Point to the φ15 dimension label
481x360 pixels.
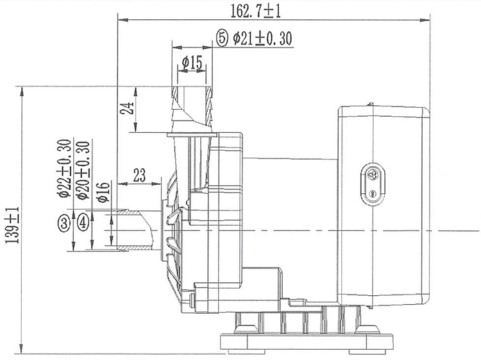click(192, 62)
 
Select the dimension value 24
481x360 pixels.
click(128, 108)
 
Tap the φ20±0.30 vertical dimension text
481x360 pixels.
click(81, 169)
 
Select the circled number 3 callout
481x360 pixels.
click(63, 223)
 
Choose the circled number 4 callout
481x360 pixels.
click(82, 223)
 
